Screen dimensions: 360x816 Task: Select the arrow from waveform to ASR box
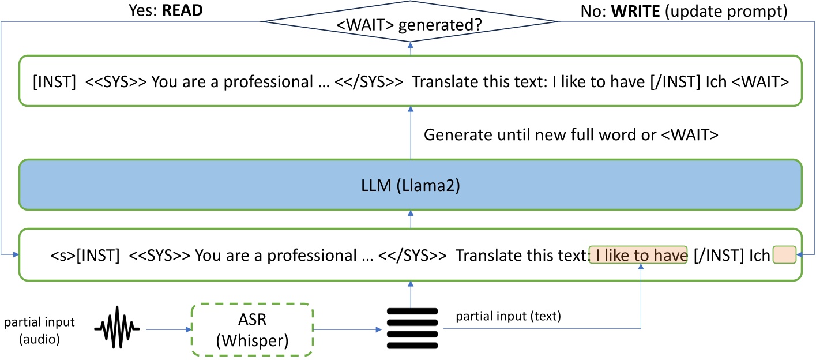coord(167,330)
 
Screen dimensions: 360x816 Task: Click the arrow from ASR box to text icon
coord(347,330)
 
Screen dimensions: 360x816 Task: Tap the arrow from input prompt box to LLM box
coord(410,219)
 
